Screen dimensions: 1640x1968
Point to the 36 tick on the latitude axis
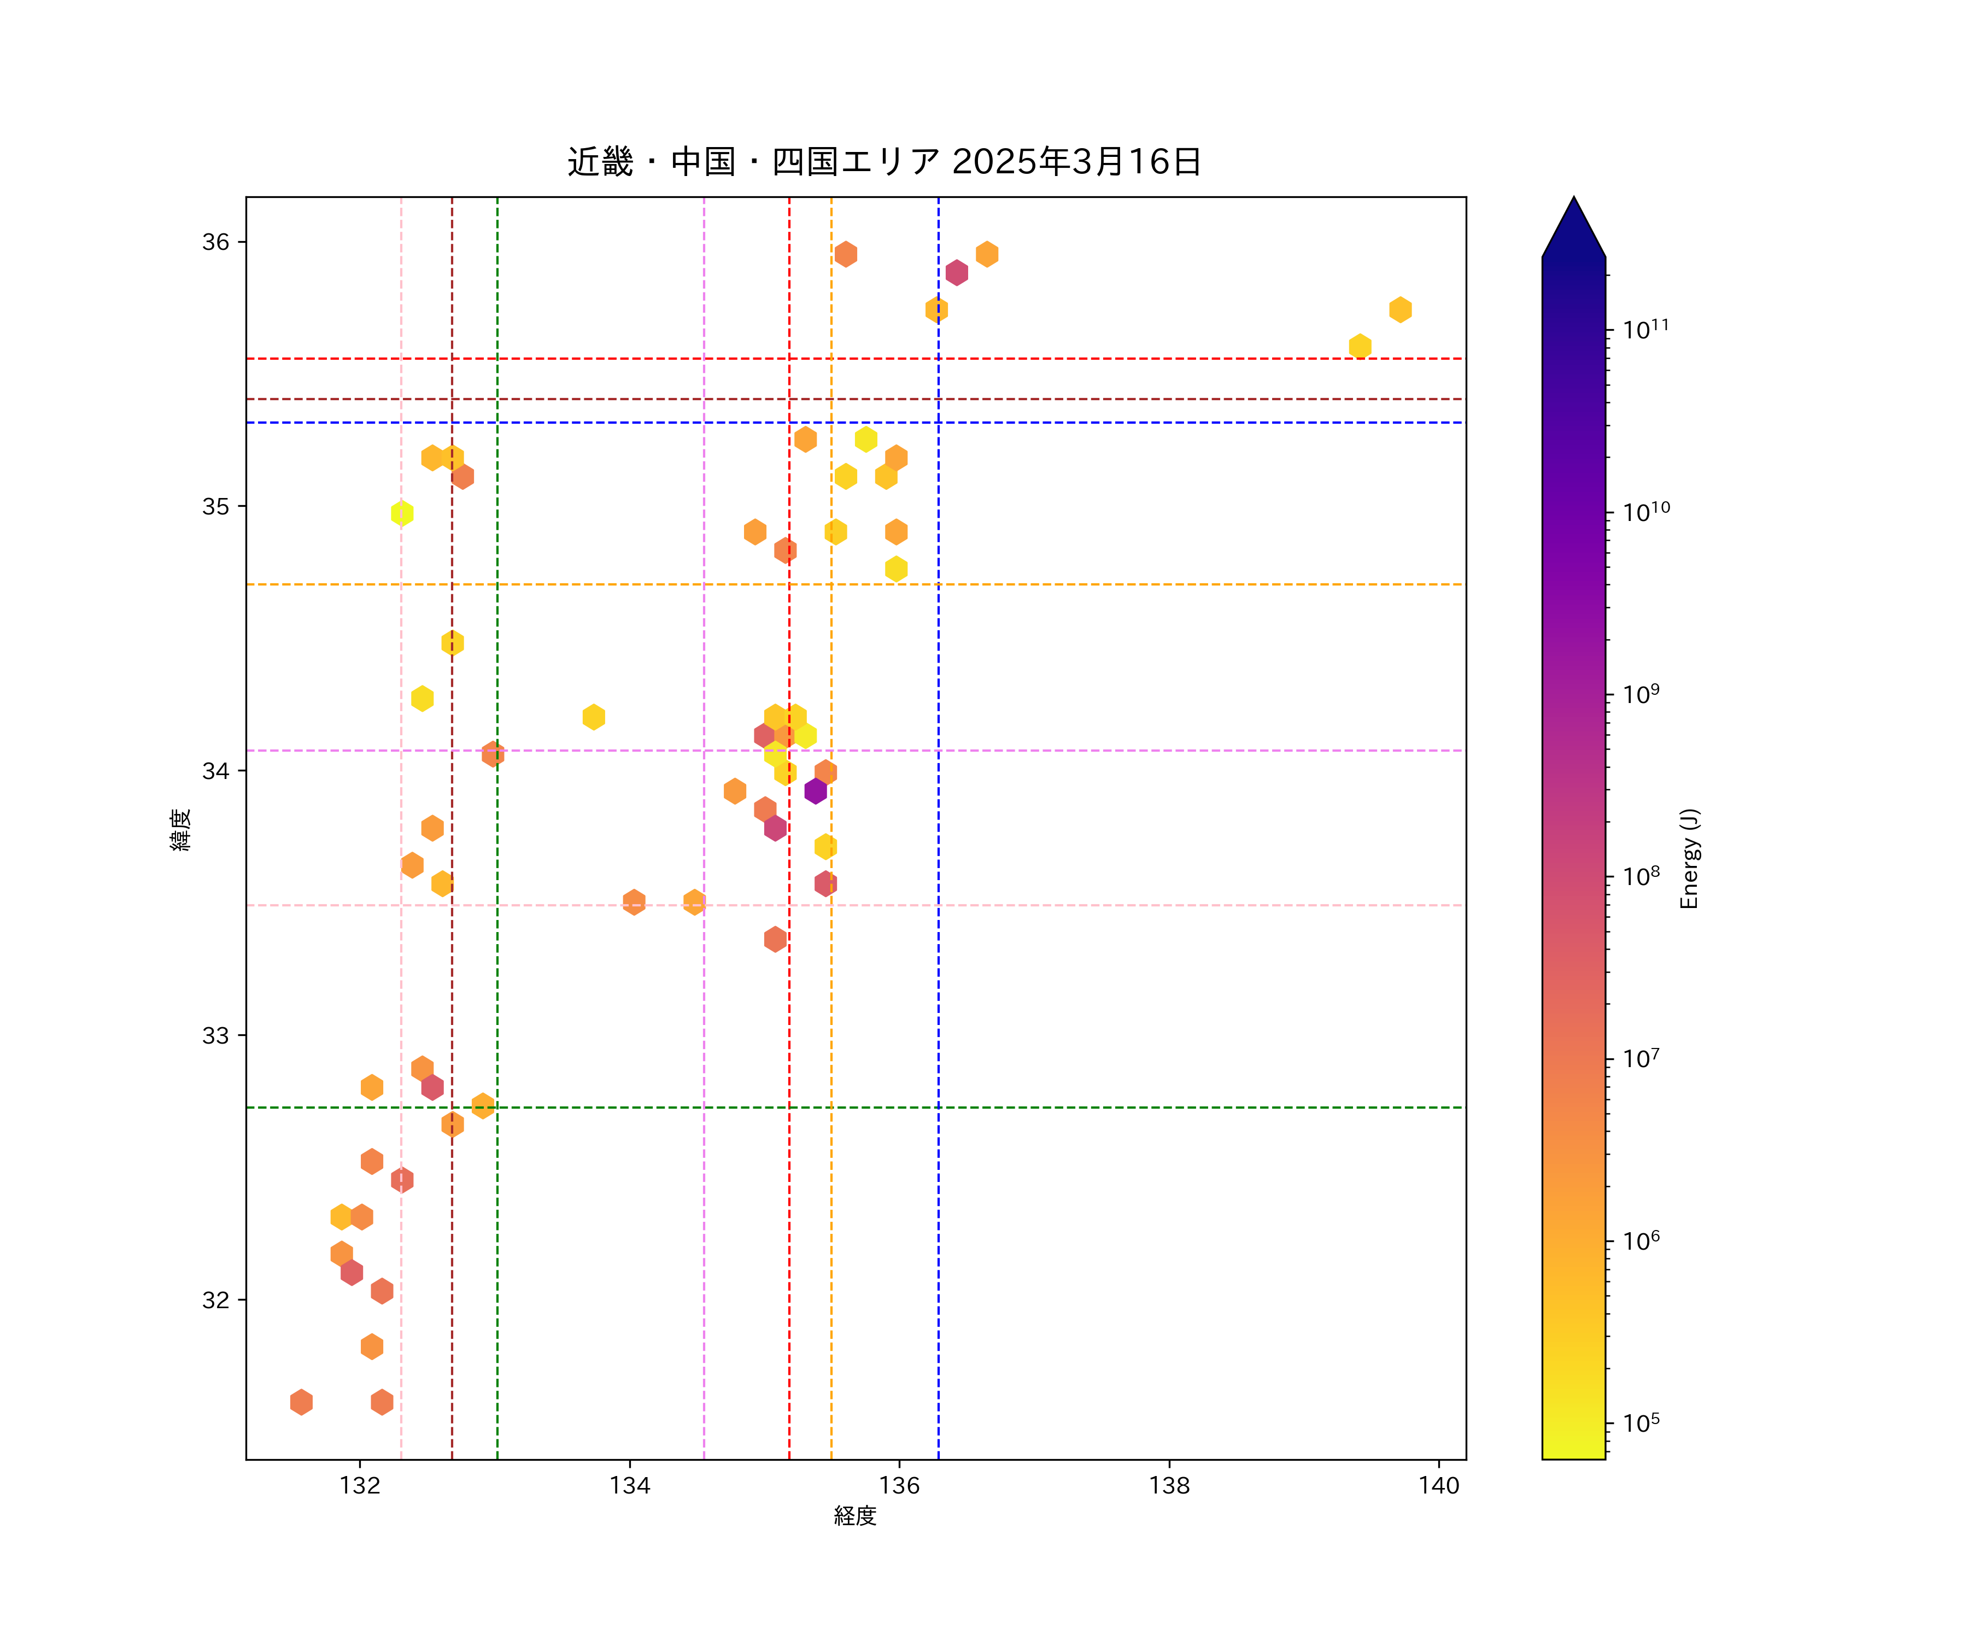tap(215, 242)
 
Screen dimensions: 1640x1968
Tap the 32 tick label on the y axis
tap(215, 1300)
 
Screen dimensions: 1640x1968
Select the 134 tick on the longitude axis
tap(630, 1485)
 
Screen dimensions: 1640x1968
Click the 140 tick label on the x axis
tap(1438, 1485)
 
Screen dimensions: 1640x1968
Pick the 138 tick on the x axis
tap(1169, 1485)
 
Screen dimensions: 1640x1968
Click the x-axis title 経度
tap(854, 1516)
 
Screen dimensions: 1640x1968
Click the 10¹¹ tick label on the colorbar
tap(1645, 329)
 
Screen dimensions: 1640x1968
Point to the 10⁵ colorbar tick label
tap(1641, 1422)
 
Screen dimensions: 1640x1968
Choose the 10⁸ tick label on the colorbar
tap(1641, 876)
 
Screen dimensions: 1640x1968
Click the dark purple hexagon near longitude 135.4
tap(815, 791)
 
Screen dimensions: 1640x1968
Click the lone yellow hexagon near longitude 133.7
tap(593, 717)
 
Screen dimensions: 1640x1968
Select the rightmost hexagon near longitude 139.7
tap(1400, 309)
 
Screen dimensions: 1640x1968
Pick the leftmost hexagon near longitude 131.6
tap(301, 1402)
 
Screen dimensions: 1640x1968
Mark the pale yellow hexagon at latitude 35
tap(402, 513)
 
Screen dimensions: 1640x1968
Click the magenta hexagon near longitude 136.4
tap(957, 273)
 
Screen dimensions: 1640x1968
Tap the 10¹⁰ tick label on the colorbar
tap(1645, 512)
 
